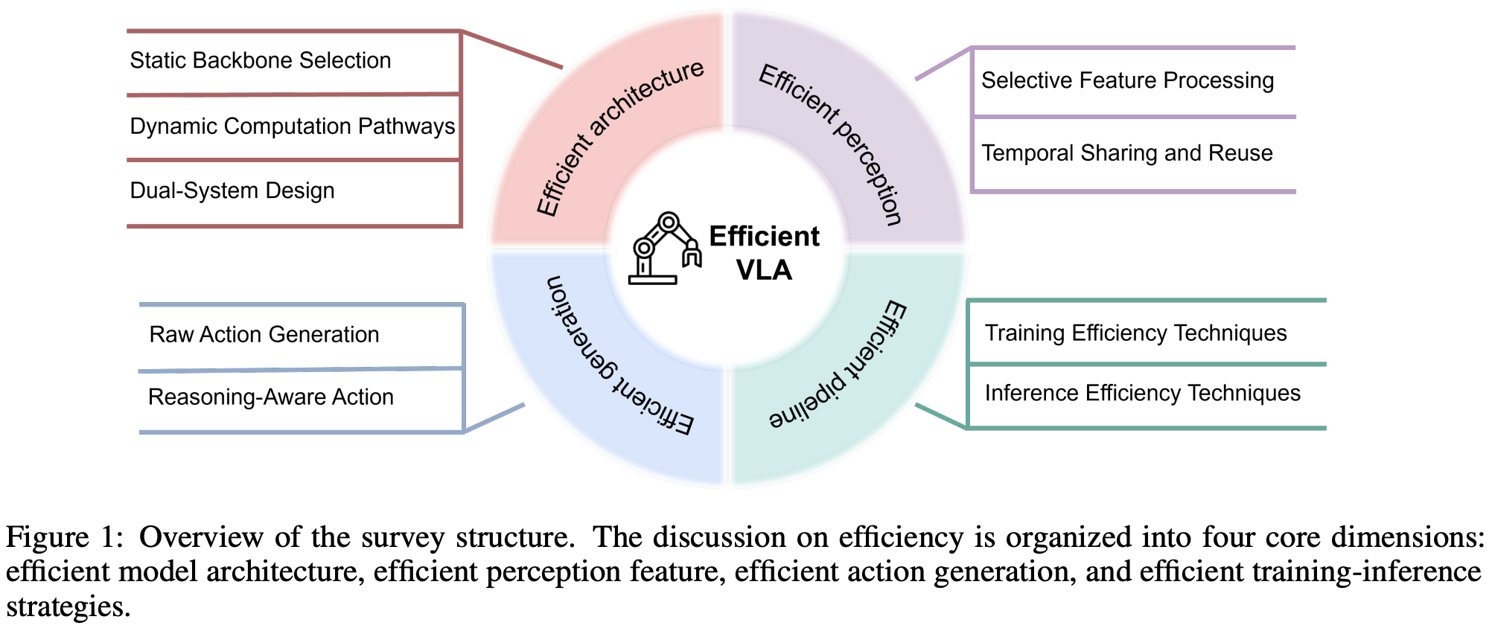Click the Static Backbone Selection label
260,60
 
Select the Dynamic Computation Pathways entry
292,126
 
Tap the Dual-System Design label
232,190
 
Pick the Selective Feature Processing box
1127,80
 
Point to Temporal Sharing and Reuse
1126,153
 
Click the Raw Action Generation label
264,335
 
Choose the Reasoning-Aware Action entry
270,397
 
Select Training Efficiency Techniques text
1135,333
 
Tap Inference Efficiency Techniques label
1142,393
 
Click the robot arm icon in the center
665,249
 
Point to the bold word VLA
764,269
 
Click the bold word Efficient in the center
764,237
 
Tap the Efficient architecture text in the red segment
619,138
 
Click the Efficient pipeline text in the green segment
839,365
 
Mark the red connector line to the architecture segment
512,49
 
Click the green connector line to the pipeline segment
940,416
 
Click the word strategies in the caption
68,606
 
